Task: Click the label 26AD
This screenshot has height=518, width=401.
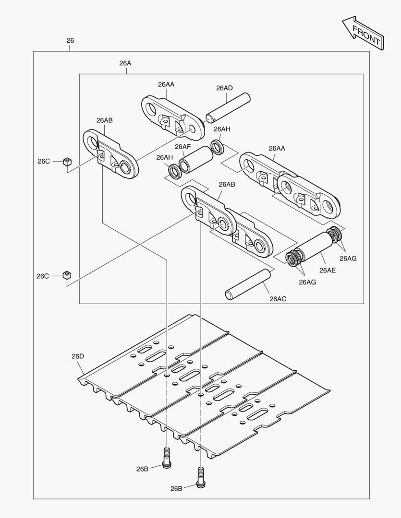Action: pos(224,88)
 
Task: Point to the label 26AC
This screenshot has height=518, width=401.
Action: pos(278,299)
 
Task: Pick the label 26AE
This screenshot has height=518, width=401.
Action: pos(328,271)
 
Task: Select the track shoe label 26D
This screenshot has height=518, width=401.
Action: pos(78,356)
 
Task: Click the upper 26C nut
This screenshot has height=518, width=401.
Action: pos(68,162)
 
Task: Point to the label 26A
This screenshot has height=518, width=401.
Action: pos(125,63)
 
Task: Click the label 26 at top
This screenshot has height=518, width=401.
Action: pos(70,41)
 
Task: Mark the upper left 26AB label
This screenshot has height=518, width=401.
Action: pos(104,120)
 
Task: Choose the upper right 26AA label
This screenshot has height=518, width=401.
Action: pos(277,148)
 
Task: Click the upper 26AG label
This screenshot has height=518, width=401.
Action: pos(348,258)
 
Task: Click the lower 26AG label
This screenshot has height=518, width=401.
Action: pos(307,282)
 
